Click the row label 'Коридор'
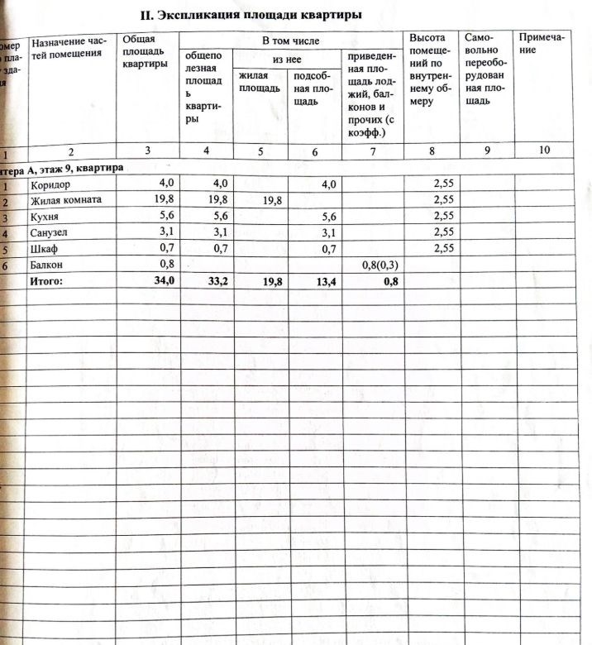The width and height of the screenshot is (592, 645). (x=50, y=184)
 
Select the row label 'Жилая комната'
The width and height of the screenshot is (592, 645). (x=65, y=200)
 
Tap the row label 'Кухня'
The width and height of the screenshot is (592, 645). (x=45, y=217)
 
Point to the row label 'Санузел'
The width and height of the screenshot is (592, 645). (x=49, y=233)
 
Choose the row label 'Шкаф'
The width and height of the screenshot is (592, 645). (x=43, y=249)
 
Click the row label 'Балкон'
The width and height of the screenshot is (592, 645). (x=47, y=265)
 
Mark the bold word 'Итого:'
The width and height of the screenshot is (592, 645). (x=46, y=282)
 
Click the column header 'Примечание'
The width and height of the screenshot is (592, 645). (x=538, y=43)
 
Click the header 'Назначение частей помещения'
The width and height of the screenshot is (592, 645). (x=69, y=47)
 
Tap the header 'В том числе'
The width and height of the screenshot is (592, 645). (x=289, y=40)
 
